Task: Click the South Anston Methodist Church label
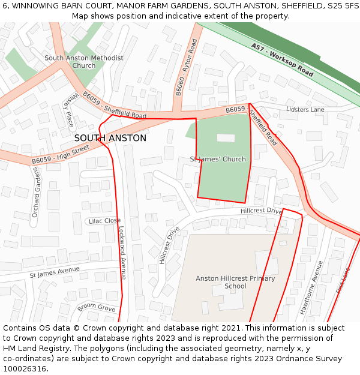(x=84, y=62)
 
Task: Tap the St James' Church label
(x=218, y=159)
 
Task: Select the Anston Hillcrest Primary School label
(x=235, y=282)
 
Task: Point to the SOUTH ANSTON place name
(x=110, y=138)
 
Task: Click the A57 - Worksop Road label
(x=283, y=59)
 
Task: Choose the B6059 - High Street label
(x=61, y=154)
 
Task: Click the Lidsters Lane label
(x=305, y=109)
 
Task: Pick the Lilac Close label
(x=104, y=221)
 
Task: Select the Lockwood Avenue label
(x=122, y=252)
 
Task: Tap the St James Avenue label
(x=55, y=272)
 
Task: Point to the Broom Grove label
(x=96, y=307)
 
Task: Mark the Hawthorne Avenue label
(x=312, y=287)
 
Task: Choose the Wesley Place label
(x=68, y=110)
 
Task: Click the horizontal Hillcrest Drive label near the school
(x=261, y=211)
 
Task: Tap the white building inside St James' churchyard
(x=226, y=138)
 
